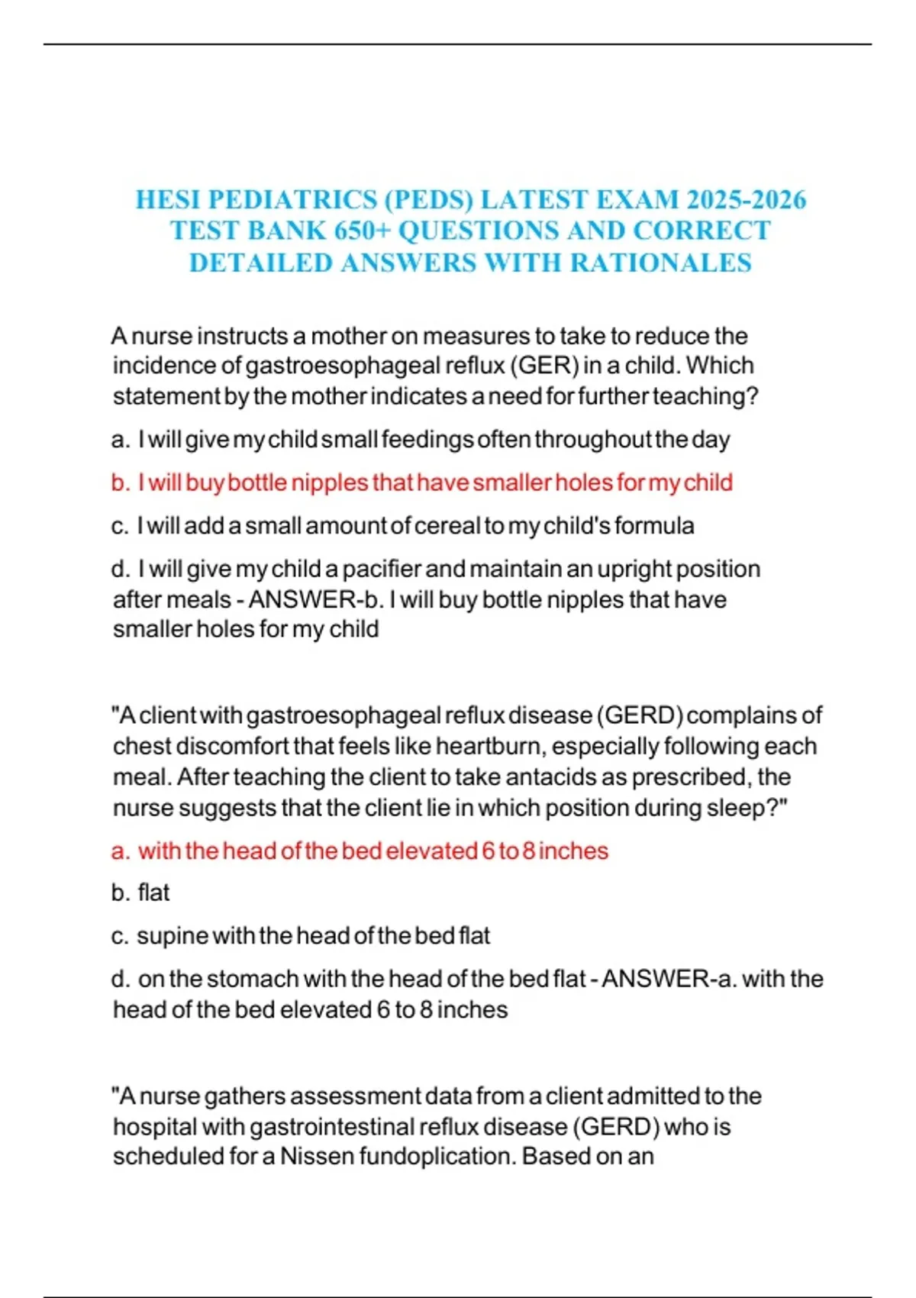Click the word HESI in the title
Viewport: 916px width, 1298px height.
pyautogui.click(x=168, y=199)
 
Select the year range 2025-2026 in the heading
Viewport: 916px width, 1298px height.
pyautogui.click(x=746, y=199)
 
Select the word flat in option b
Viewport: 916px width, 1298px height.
pyautogui.click(x=153, y=892)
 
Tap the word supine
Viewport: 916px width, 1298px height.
pyautogui.click(x=172, y=935)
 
